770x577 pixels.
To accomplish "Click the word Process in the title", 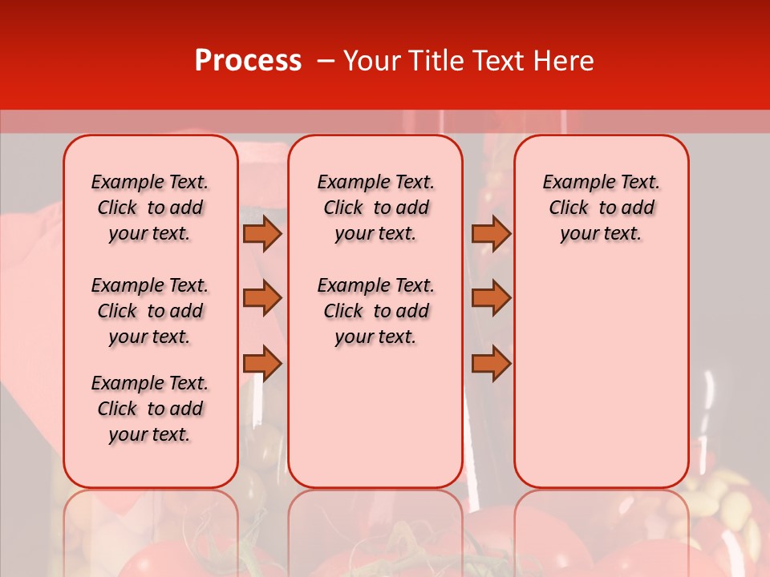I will coord(248,61).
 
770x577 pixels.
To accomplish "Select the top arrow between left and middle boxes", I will coord(262,233).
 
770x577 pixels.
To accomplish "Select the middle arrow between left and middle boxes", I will coord(262,298).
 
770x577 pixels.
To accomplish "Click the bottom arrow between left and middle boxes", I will coord(262,364).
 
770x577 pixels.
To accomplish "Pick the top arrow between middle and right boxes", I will coord(491,233).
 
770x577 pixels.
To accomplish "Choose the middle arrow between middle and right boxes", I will coord(491,298).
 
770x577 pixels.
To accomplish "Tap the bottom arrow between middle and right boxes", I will coord(491,364).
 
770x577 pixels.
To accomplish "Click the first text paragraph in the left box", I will coord(150,208).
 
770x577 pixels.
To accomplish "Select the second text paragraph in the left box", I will coord(150,311).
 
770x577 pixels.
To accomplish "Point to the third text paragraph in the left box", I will coord(150,409).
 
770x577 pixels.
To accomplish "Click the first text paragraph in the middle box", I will coord(376,208).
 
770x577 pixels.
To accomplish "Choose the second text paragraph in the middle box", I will coord(376,311).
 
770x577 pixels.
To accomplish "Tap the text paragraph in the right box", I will coord(602,208).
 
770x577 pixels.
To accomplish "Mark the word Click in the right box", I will coord(569,208).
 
